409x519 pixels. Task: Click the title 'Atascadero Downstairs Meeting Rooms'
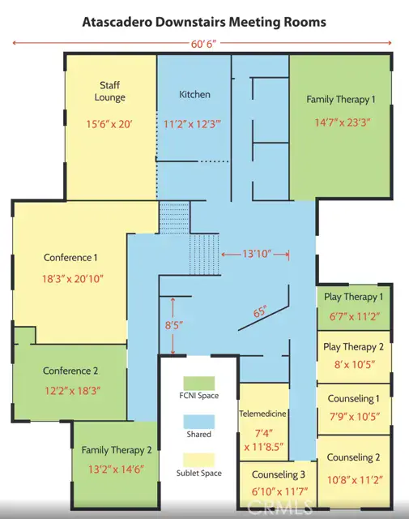(x=204, y=22)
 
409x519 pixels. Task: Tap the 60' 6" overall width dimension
(x=203, y=44)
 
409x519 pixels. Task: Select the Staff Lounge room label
(x=110, y=92)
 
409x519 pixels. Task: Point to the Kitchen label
(x=194, y=94)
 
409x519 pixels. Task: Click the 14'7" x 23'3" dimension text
(x=343, y=122)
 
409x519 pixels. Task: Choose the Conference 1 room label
(x=70, y=258)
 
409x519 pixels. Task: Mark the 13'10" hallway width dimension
(x=257, y=254)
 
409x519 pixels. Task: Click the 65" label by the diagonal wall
(x=260, y=311)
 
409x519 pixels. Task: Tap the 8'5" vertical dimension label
(x=174, y=325)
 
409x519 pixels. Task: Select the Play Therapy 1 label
(x=353, y=297)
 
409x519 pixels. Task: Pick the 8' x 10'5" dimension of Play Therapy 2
(x=355, y=364)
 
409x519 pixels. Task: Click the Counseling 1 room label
(x=353, y=398)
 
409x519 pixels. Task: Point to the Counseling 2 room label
(x=353, y=457)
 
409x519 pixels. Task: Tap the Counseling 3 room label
(x=279, y=474)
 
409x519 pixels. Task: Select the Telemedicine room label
(x=262, y=414)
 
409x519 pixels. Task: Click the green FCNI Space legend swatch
(x=199, y=383)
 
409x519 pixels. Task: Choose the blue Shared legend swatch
(x=199, y=422)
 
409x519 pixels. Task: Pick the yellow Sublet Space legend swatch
(x=199, y=460)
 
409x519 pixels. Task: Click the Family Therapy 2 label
(x=117, y=450)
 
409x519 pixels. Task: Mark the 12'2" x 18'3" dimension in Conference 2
(x=73, y=391)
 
